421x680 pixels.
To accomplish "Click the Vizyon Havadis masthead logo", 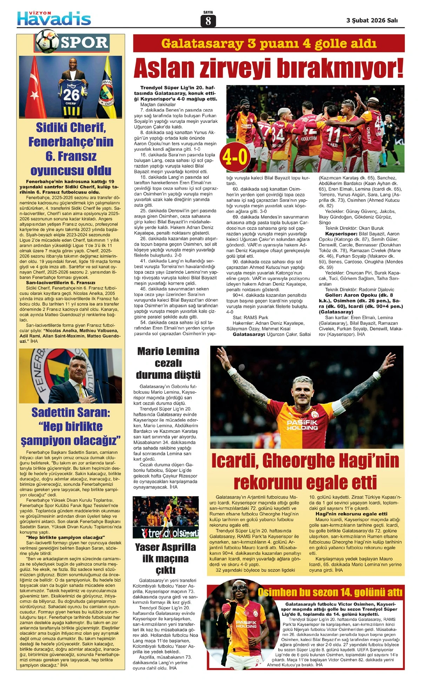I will click(x=54, y=18).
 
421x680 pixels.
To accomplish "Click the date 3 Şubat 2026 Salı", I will click(x=372, y=20).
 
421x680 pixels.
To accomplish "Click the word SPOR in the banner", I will click(x=85, y=43).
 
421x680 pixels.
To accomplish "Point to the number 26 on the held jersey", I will click(x=71, y=95).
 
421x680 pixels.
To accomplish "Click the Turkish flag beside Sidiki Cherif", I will click(x=34, y=88).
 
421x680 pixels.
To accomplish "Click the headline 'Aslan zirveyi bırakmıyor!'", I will click(x=268, y=68).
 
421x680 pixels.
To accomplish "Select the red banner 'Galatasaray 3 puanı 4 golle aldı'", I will click(x=269, y=44).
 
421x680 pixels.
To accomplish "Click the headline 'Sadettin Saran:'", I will click(x=71, y=413).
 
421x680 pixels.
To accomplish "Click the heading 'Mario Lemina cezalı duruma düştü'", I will click(x=168, y=363).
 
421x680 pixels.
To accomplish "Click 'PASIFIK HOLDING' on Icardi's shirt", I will click(x=302, y=425).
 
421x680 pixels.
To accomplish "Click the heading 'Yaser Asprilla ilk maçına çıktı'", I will click(x=165, y=558).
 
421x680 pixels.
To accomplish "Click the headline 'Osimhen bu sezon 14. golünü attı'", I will click(x=330, y=592).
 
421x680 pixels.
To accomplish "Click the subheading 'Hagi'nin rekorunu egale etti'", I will click(x=351, y=514).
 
